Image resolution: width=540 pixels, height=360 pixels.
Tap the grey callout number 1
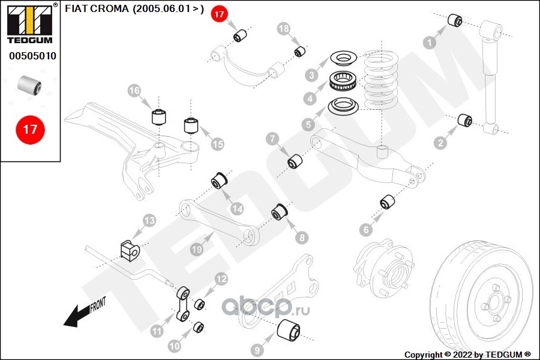pos(429,42)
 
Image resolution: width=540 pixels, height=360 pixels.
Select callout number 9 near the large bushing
pos(257,350)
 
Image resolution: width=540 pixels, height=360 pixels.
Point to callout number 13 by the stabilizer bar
pos(149,221)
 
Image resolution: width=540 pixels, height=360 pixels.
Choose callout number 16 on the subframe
pos(134,91)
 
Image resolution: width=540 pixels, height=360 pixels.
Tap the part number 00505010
pos(32,56)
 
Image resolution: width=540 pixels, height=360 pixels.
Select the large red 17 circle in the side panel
pos(30,129)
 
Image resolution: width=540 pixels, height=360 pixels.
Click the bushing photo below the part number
pos(29,86)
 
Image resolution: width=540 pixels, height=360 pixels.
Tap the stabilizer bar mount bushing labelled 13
pos(129,250)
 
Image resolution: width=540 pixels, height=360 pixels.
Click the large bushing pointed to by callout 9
pos(290,331)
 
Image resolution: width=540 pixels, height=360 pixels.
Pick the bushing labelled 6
pos(386,202)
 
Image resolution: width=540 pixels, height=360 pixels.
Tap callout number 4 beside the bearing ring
pos(310,98)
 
